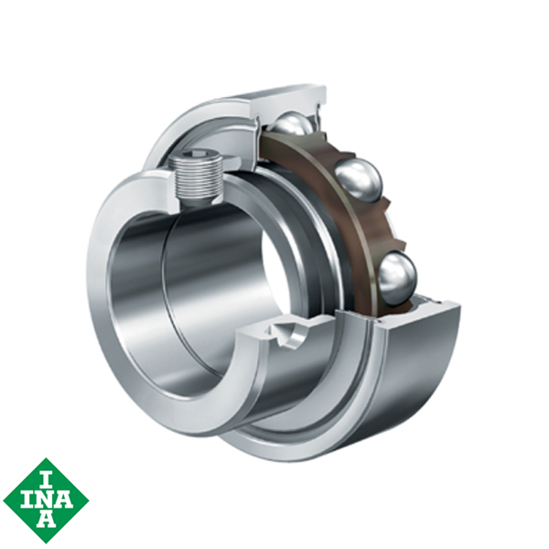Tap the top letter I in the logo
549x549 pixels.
click(x=46, y=475)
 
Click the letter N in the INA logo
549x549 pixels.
click(x=46, y=500)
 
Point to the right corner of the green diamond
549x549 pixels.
click(x=89, y=500)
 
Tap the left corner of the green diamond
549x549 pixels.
click(x=4, y=500)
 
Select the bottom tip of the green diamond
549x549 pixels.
click(x=46, y=543)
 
